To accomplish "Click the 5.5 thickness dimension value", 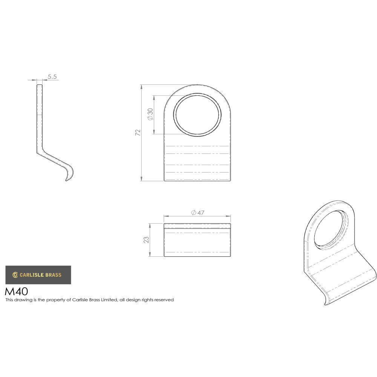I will pos(52,77).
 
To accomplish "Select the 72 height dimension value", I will pos(138,132).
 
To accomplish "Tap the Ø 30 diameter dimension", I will pos(150,114).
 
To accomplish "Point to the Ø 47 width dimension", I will pos(198,213).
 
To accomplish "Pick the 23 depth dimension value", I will pos(147,240).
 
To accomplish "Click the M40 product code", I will pos(16,291).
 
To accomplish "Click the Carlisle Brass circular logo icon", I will pos(15,275).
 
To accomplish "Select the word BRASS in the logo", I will pos(53,275).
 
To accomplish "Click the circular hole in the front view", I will pos(197,114).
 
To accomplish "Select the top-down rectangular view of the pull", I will pos(197,240).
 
